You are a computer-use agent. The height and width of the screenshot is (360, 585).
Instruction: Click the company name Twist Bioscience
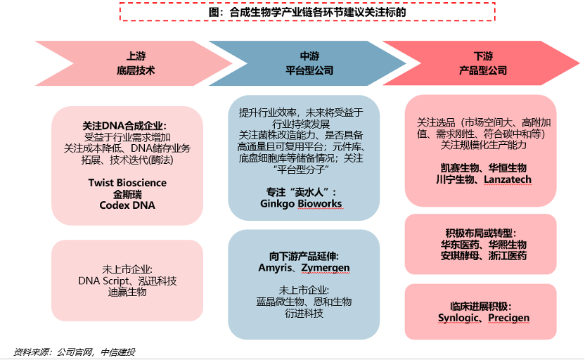coord(127,183)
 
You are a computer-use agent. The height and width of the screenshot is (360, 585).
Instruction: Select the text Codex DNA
coord(127,205)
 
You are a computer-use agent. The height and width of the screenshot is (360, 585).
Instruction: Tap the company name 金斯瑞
coord(127,194)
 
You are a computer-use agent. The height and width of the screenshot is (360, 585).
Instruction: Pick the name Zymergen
coord(325,268)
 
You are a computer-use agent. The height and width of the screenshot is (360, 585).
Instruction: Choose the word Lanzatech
coord(507,179)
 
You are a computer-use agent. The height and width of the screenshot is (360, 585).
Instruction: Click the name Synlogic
coord(459,318)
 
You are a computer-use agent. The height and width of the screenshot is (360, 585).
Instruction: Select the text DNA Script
coord(103,281)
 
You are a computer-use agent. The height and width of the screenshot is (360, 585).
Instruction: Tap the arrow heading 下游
coord(483,56)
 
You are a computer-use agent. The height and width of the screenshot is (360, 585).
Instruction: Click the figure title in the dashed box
coord(307,12)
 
